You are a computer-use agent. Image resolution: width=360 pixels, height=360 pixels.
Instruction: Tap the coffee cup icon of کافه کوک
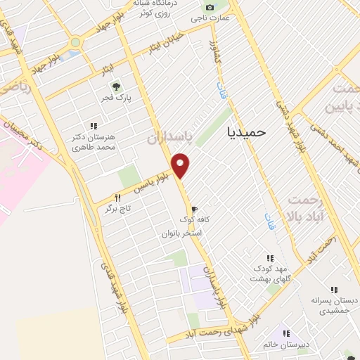coord(194,210)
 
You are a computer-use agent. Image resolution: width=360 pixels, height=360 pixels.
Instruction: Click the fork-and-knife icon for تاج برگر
coord(118,199)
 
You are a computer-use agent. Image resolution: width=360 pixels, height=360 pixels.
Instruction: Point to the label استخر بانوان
coord(181,232)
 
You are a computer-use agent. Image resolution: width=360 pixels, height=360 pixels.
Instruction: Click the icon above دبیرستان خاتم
coord(285,333)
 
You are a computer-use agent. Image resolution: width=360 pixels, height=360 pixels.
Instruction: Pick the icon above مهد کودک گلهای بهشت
coord(269,259)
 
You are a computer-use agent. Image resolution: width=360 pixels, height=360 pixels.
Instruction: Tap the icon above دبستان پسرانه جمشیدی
coord(334,290)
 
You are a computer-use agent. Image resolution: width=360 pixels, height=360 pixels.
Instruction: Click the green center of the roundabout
coord(75,42)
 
